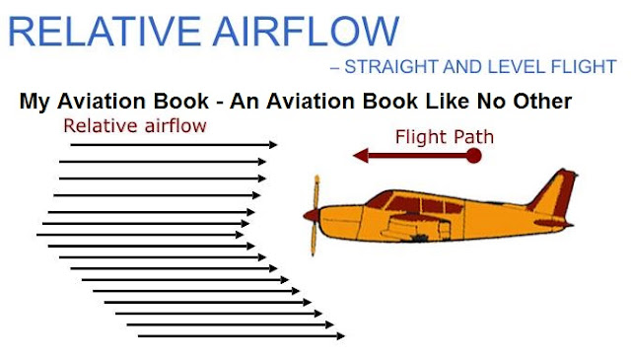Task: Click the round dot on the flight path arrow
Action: pyautogui.click(x=474, y=155)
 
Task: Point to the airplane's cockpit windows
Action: pyautogui.click(x=414, y=203)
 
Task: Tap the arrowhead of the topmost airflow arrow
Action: pyautogui.click(x=273, y=145)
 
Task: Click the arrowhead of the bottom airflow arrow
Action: pyautogui.click(x=340, y=336)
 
